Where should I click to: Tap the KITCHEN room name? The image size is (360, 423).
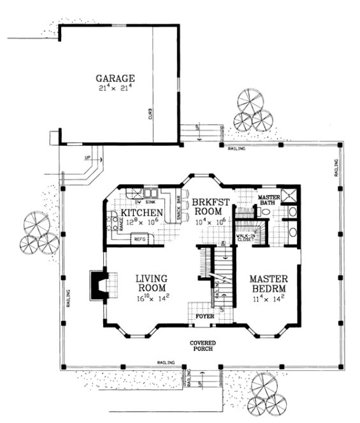pyautogui.click(x=140, y=212)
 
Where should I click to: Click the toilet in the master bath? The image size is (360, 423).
pyautogui.click(x=266, y=211)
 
